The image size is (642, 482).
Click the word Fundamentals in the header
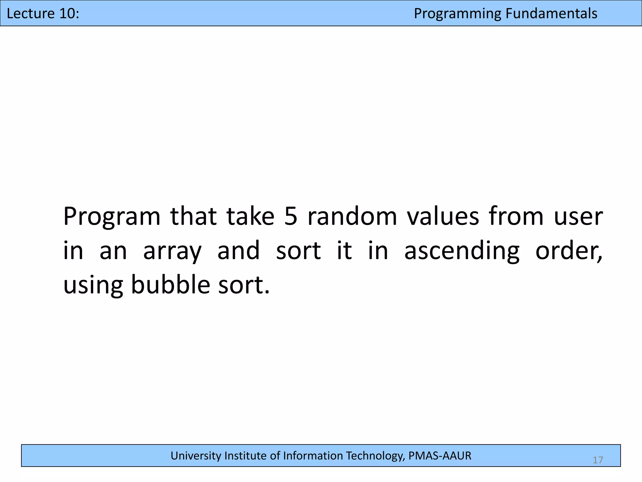551,13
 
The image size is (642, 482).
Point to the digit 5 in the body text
291,216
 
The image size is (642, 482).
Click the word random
352,216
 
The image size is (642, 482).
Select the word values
443,216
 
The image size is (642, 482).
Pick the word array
172,251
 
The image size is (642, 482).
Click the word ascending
462,251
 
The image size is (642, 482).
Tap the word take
250,216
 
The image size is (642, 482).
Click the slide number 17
598,460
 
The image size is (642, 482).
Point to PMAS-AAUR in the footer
440,456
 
